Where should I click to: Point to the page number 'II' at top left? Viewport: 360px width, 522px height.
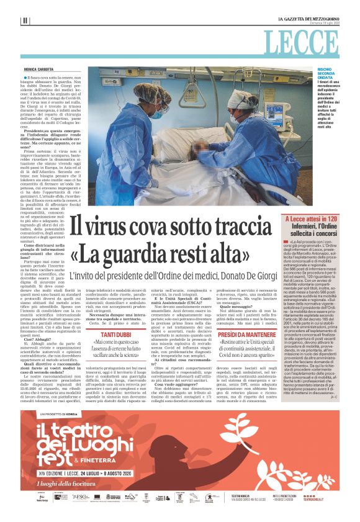pyautogui.click(x=25, y=20)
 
